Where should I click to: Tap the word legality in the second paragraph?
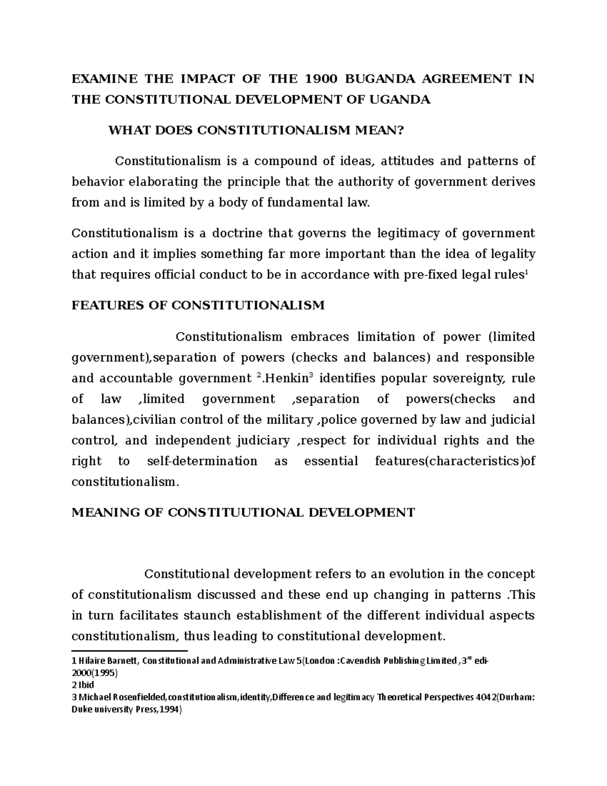click(x=511, y=254)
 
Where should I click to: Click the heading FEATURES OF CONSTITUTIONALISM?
click(x=198, y=306)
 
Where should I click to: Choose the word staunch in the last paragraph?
click(x=204, y=616)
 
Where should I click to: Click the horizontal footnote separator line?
click(x=129, y=650)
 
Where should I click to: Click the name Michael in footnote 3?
click(x=94, y=697)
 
